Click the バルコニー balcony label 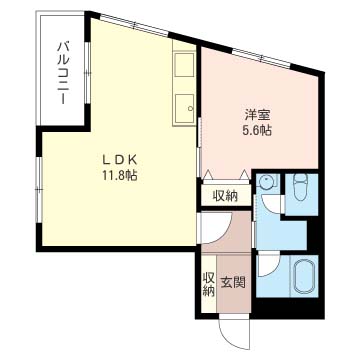pos(63,73)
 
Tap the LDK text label pos(120,160)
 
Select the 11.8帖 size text pos(120,176)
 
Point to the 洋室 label pos(257,115)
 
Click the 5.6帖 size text pos(257,131)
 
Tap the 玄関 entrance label pos(234,283)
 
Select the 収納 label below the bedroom pos(226,196)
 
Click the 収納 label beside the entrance pos(209,284)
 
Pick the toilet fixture pos(302,188)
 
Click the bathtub pos(304,276)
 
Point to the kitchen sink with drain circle pos(184,107)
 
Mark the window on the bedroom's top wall pos(262,59)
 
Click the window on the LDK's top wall pos(134,25)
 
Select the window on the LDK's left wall pos(39,190)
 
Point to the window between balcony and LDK pos(87,72)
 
